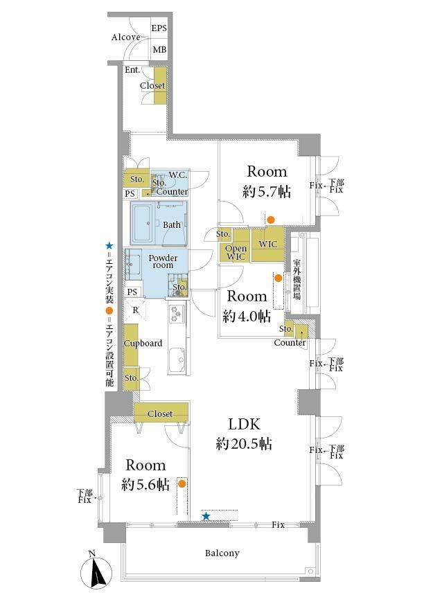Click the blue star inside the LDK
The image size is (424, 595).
coord(206,516)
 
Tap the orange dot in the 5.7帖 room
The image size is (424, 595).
coord(271,220)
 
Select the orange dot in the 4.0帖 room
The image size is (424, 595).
coord(279,278)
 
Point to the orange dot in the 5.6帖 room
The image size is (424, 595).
coord(182,483)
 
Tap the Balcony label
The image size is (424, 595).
coord(222,553)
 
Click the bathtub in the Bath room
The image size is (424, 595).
coord(142,223)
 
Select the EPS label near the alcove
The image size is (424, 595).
coord(159,28)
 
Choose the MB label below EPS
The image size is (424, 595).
coord(159,49)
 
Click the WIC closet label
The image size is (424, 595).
coord(268,244)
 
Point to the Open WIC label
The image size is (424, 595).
coord(236,252)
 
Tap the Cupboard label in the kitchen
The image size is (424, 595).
coord(143,343)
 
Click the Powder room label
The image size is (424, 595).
coord(163,261)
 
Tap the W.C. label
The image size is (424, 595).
coord(177,175)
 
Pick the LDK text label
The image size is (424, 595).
coord(244,424)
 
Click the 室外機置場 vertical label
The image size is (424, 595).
coord(297,279)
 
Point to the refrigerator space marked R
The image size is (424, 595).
coord(136,310)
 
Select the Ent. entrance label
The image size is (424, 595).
coord(132,70)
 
